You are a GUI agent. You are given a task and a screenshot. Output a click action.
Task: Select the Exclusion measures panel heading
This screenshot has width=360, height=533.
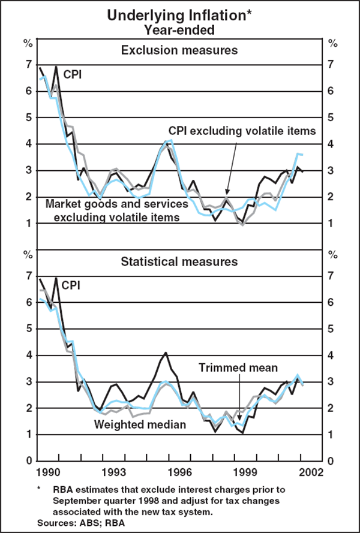pos(179,50)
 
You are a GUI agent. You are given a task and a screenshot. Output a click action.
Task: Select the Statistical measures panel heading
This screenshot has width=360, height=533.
pos(179,261)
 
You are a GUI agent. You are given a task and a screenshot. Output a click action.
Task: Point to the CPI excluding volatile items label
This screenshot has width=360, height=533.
pos(242,130)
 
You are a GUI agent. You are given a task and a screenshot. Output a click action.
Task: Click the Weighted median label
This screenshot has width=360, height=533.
pos(139,425)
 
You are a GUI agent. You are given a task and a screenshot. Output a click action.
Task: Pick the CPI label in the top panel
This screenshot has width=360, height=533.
pos(73,75)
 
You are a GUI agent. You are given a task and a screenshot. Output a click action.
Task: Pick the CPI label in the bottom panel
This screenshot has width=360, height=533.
pos(73,286)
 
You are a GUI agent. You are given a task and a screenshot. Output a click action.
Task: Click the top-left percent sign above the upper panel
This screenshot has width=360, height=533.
pos(28,43)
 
